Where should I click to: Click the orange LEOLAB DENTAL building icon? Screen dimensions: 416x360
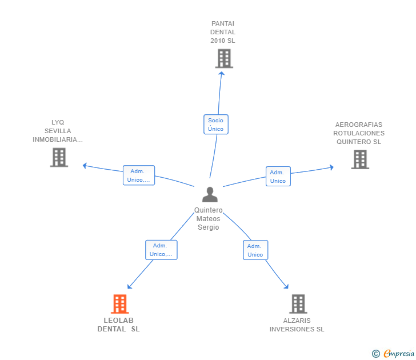[x=120, y=304]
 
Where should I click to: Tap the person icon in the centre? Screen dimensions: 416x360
[x=210, y=194]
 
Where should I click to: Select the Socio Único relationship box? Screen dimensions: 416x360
[x=216, y=125]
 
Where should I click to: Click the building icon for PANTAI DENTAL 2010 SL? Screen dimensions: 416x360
[x=224, y=58]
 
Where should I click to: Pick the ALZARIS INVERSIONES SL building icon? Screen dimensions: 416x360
[x=298, y=304]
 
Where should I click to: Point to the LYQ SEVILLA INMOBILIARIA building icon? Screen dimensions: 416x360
[x=59, y=157]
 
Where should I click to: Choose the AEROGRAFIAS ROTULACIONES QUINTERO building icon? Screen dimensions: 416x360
[x=360, y=159]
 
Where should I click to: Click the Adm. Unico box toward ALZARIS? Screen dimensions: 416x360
[x=255, y=250]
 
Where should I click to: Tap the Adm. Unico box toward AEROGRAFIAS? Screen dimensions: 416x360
[x=278, y=177]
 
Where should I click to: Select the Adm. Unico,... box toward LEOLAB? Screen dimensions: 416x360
[x=161, y=250]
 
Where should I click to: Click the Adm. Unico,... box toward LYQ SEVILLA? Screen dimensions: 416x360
[x=139, y=175]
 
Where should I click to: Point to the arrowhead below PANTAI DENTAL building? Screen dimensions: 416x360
[x=222, y=73]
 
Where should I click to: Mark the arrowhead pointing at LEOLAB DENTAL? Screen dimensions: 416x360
[x=130, y=286]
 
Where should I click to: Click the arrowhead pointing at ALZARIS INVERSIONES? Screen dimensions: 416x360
[x=286, y=286]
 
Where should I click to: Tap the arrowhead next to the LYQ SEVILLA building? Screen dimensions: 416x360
[x=85, y=166]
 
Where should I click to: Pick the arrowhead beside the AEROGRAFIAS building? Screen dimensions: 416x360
[x=331, y=167]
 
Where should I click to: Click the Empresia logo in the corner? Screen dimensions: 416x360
[x=393, y=354]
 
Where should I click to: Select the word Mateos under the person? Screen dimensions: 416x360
[x=208, y=219]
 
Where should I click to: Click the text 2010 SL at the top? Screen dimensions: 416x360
[x=223, y=41]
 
